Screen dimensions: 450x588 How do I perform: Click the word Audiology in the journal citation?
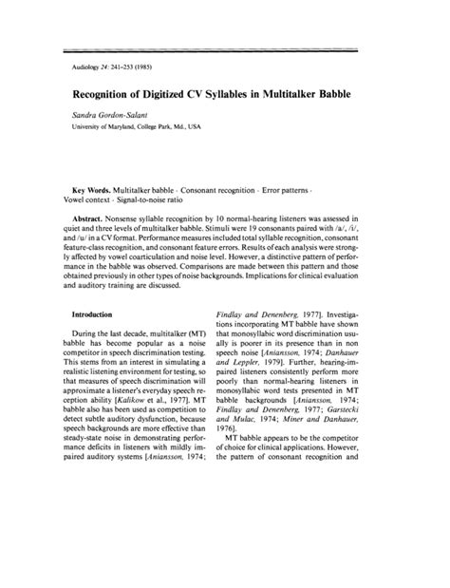[x=87, y=68]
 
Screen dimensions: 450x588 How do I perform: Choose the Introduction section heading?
[x=100, y=313]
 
